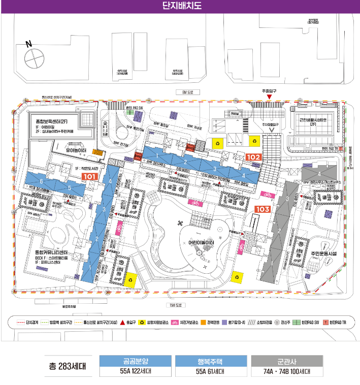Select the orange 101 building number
click(x=90, y=176)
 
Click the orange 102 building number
click(x=253, y=157)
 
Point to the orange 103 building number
click(x=262, y=209)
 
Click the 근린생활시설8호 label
click(x=313, y=120)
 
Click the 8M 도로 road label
click(x=181, y=92)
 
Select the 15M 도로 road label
click(x=176, y=305)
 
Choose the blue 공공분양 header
click(x=136, y=361)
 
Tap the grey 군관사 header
click(x=287, y=361)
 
